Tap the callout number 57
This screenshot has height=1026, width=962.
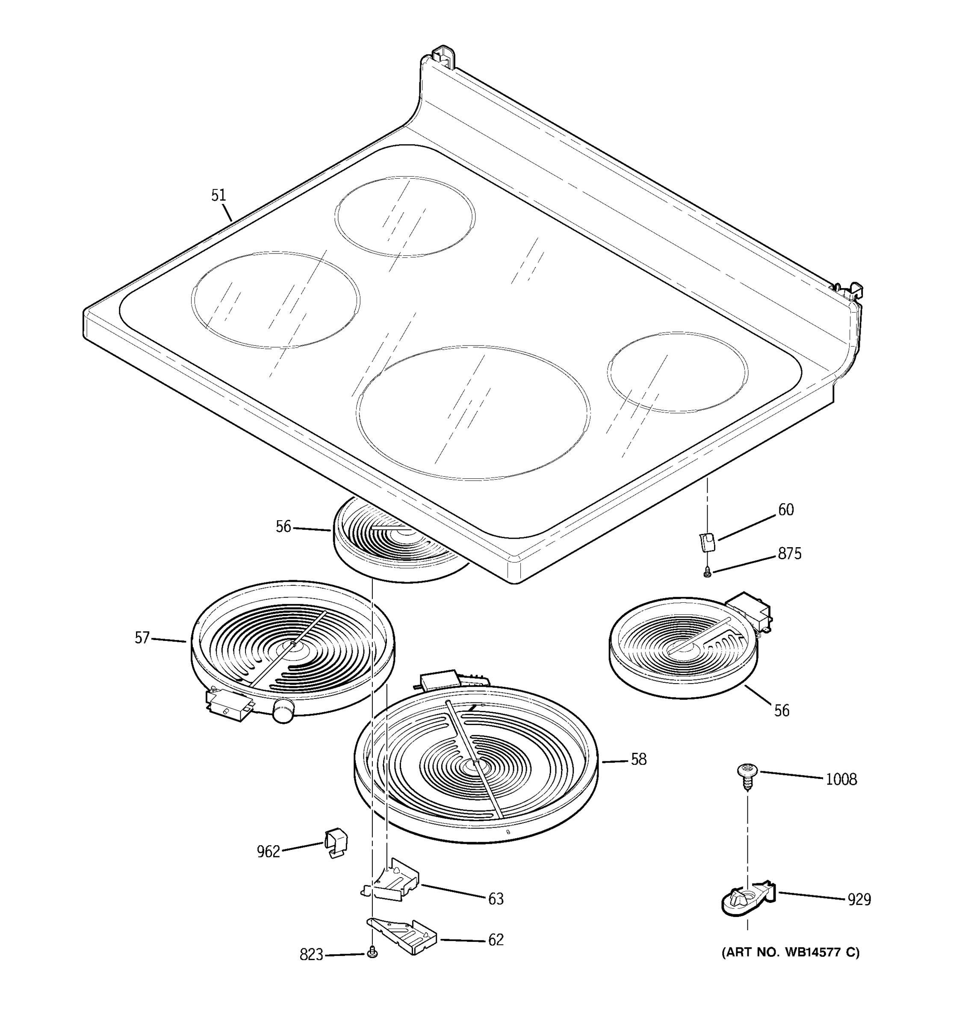pyautogui.click(x=142, y=638)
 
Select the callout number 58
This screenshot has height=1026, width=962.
pyautogui.click(x=638, y=759)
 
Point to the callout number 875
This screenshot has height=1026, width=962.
pyautogui.click(x=790, y=554)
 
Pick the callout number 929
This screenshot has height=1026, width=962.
pyautogui.click(x=859, y=900)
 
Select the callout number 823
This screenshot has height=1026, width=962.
pyautogui.click(x=311, y=955)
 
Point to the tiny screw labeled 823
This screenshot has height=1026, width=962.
pyautogui.click(x=372, y=954)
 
